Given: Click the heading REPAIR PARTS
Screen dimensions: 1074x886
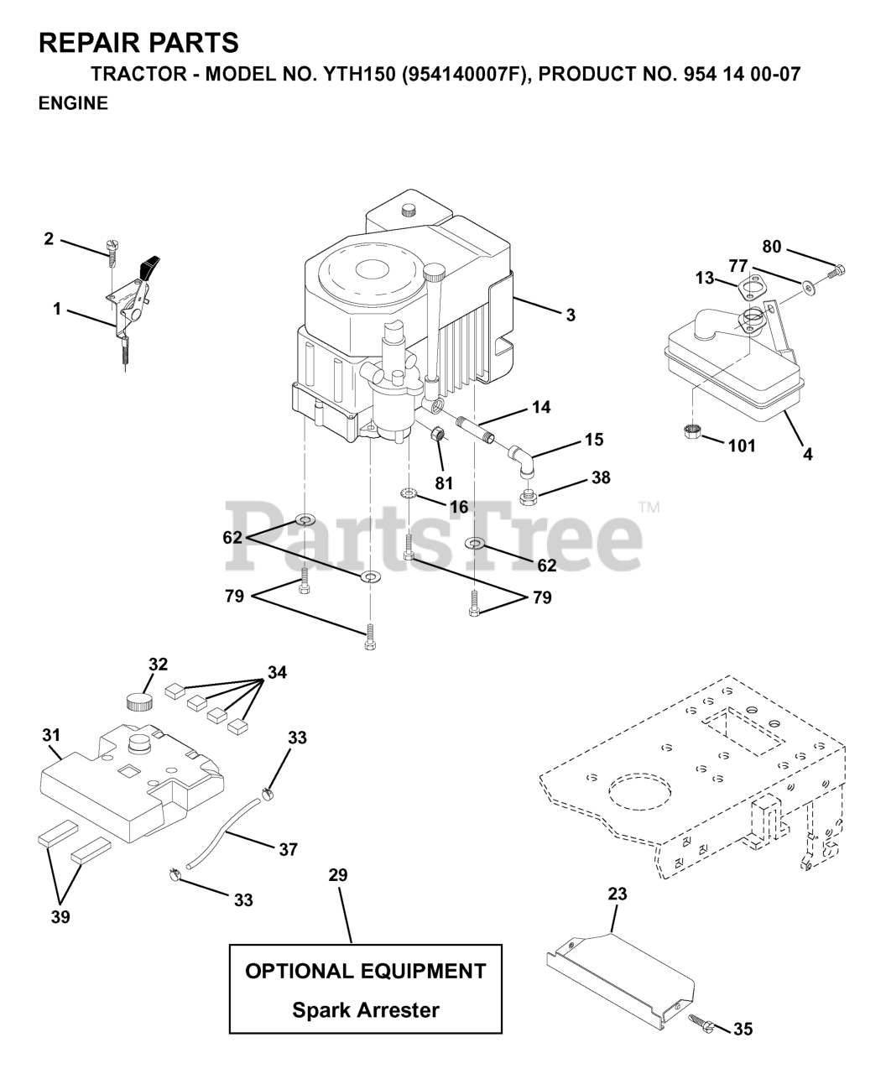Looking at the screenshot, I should click(x=138, y=42).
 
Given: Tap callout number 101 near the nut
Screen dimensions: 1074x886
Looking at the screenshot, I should click(x=741, y=446).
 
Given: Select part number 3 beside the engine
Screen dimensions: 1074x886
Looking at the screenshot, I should click(x=570, y=315).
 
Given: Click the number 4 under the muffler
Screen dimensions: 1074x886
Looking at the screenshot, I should click(x=807, y=454).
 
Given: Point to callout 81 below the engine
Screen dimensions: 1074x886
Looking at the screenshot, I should click(x=443, y=483).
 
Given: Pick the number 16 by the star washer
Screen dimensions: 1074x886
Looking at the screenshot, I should click(x=458, y=507).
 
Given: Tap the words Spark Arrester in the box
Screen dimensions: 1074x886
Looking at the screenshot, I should click(x=365, y=1009).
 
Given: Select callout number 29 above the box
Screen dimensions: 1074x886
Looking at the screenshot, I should click(x=337, y=875).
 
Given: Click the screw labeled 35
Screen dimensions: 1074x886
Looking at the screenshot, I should click(x=702, y=1022).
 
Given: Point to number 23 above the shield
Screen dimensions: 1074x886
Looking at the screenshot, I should click(x=617, y=894).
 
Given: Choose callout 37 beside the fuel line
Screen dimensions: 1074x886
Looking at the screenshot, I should click(x=288, y=850).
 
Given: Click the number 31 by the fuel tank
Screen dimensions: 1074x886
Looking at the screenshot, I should click(x=51, y=735).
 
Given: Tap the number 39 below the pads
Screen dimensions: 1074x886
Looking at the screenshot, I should click(x=60, y=917).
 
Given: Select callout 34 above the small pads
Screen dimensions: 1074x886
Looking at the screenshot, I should click(x=277, y=673).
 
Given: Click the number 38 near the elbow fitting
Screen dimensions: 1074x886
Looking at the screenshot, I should click(x=600, y=477).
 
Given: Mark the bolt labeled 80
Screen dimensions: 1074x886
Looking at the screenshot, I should click(x=837, y=270).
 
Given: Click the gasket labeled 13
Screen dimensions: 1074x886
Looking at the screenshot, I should click(x=751, y=290).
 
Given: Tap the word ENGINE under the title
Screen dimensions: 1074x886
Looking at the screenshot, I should click(x=73, y=104).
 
